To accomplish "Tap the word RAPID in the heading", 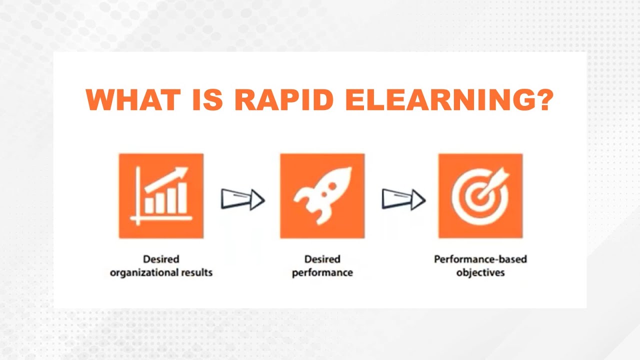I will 283,100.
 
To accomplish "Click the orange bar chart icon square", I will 161,196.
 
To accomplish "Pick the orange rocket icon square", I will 322,196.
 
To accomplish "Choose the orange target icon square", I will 480,196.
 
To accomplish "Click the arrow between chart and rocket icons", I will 242,199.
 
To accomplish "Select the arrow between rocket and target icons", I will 403,199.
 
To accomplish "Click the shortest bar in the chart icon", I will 149,206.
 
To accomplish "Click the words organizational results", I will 161,273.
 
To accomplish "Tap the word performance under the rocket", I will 322,273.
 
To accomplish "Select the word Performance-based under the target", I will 480,259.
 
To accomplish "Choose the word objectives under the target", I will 480,273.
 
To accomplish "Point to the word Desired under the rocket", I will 322,259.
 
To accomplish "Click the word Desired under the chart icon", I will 161,259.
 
